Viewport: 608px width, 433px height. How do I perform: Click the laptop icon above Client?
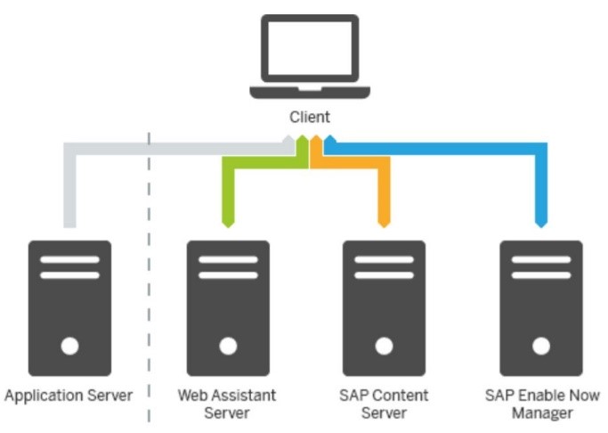[x=310, y=56]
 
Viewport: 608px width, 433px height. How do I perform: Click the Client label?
[x=310, y=117]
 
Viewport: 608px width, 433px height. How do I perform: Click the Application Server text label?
[x=69, y=395]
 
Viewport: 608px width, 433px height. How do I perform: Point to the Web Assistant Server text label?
[x=227, y=404]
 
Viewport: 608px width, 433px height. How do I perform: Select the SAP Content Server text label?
[x=385, y=404]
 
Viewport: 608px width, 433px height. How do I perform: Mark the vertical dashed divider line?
[x=149, y=267]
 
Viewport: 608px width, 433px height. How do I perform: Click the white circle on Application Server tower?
[x=70, y=345]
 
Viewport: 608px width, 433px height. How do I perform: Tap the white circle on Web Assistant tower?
[x=228, y=345]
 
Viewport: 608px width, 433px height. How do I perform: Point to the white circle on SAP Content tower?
[x=385, y=345]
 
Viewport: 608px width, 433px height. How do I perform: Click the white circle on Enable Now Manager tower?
[x=541, y=345]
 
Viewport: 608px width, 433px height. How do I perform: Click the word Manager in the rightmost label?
[x=542, y=413]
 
